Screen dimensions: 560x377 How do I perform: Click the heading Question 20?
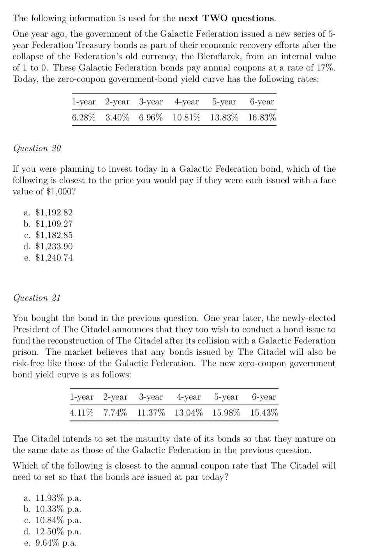click(37, 148)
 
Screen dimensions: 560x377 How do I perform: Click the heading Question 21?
click(37, 298)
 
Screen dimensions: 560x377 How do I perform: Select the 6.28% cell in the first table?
click(83, 118)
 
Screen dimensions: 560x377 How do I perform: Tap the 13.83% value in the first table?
click(224, 118)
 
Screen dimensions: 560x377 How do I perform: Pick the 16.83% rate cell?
click(262, 118)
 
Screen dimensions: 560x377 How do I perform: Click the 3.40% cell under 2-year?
click(117, 118)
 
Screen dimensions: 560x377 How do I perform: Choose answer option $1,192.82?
click(54, 213)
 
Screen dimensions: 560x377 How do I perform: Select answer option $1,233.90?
click(54, 247)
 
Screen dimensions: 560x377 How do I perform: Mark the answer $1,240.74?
click(54, 258)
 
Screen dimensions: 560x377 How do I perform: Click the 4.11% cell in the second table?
click(81, 413)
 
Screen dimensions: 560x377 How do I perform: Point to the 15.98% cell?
click(226, 413)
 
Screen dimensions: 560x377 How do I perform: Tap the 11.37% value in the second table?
click(151, 413)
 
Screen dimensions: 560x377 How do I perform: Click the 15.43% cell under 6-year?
click(264, 413)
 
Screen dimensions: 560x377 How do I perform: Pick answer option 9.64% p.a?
click(56, 543)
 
